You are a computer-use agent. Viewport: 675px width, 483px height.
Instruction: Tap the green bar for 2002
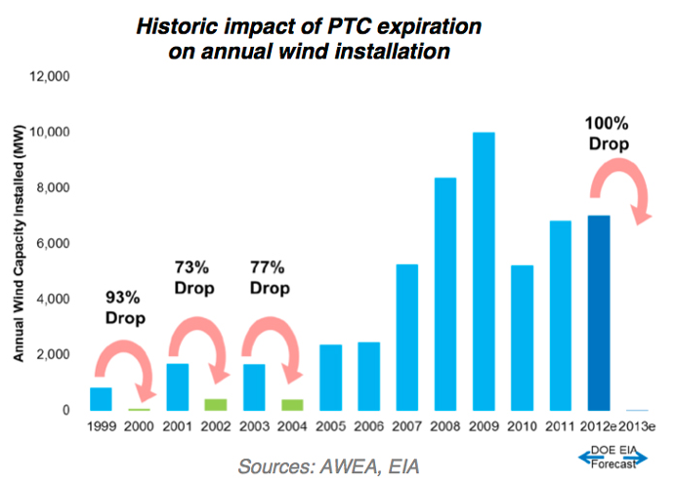click(x=215, y=405)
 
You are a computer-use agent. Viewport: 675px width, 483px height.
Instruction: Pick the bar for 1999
click(x=102, y=399)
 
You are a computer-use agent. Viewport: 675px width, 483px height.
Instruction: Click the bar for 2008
click(x=445, y=294)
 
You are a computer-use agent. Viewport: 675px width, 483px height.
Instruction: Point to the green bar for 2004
click(x=292, y=405)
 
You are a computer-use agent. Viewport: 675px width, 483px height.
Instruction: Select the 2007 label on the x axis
click(x=406, y=428)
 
